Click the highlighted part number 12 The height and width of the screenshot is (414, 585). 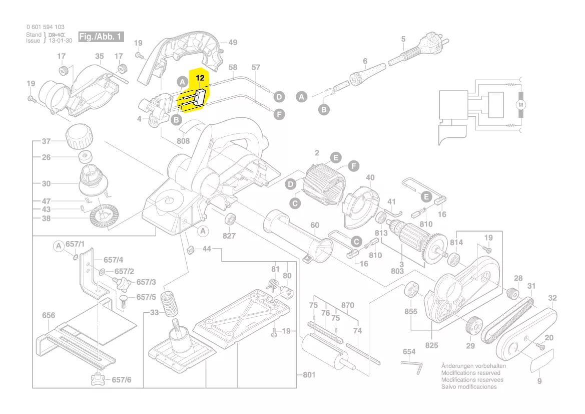click(x=200, y=78)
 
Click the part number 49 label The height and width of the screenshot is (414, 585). click(x=233, y=43)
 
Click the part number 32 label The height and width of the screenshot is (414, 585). click(x=552, y=298)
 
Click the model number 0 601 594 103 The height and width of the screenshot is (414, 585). click(x=45, y=27)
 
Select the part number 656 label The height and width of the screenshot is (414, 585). click(x=49, y=315)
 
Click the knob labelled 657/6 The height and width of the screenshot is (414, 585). click(x=98, y=379)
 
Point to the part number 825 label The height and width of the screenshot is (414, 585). click(x=431, y=345)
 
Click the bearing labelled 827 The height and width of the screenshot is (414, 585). click(x=231, y=219)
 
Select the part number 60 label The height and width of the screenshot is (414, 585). click(x=314, y=226)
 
